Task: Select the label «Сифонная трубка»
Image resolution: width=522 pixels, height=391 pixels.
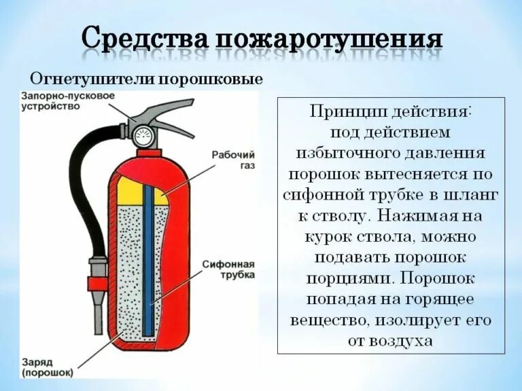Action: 228,269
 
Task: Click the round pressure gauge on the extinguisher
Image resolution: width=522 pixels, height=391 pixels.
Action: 142,135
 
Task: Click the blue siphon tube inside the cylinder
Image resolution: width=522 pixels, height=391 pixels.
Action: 148,258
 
